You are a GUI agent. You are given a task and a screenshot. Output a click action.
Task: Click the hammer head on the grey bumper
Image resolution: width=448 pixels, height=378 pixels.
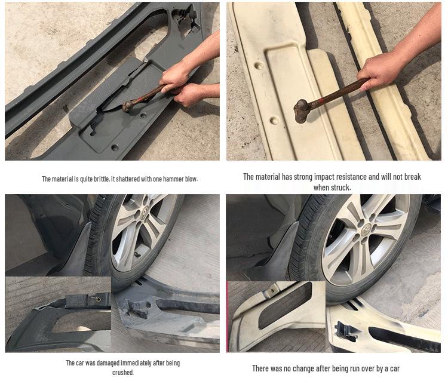(128, 106)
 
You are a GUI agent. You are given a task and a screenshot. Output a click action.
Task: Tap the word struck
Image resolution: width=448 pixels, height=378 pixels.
(341, 188)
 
